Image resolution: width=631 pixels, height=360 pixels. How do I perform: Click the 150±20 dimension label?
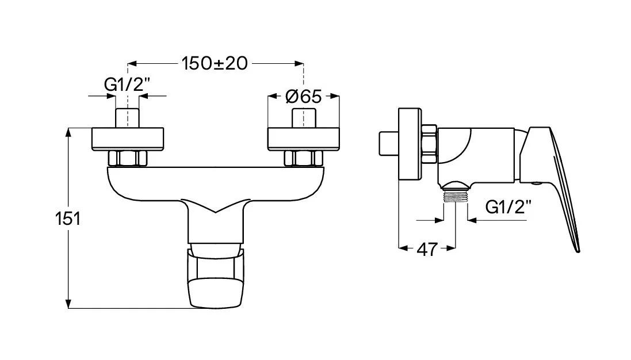pos(215,63)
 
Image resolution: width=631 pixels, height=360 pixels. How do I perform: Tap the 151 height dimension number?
pos(68,219)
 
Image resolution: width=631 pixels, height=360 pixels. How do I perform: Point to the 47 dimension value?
pos(427,250)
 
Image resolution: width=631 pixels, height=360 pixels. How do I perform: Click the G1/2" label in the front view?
pos(127,85)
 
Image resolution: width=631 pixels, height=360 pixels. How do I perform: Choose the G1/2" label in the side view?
pos(508,207)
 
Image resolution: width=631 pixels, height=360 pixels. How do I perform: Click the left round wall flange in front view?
pos(128,139)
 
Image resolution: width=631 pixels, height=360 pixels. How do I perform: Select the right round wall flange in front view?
pos(304,139)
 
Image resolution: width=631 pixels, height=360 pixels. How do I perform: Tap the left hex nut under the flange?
pos(128,158)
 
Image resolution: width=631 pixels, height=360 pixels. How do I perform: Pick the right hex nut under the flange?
pos(304,158)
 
